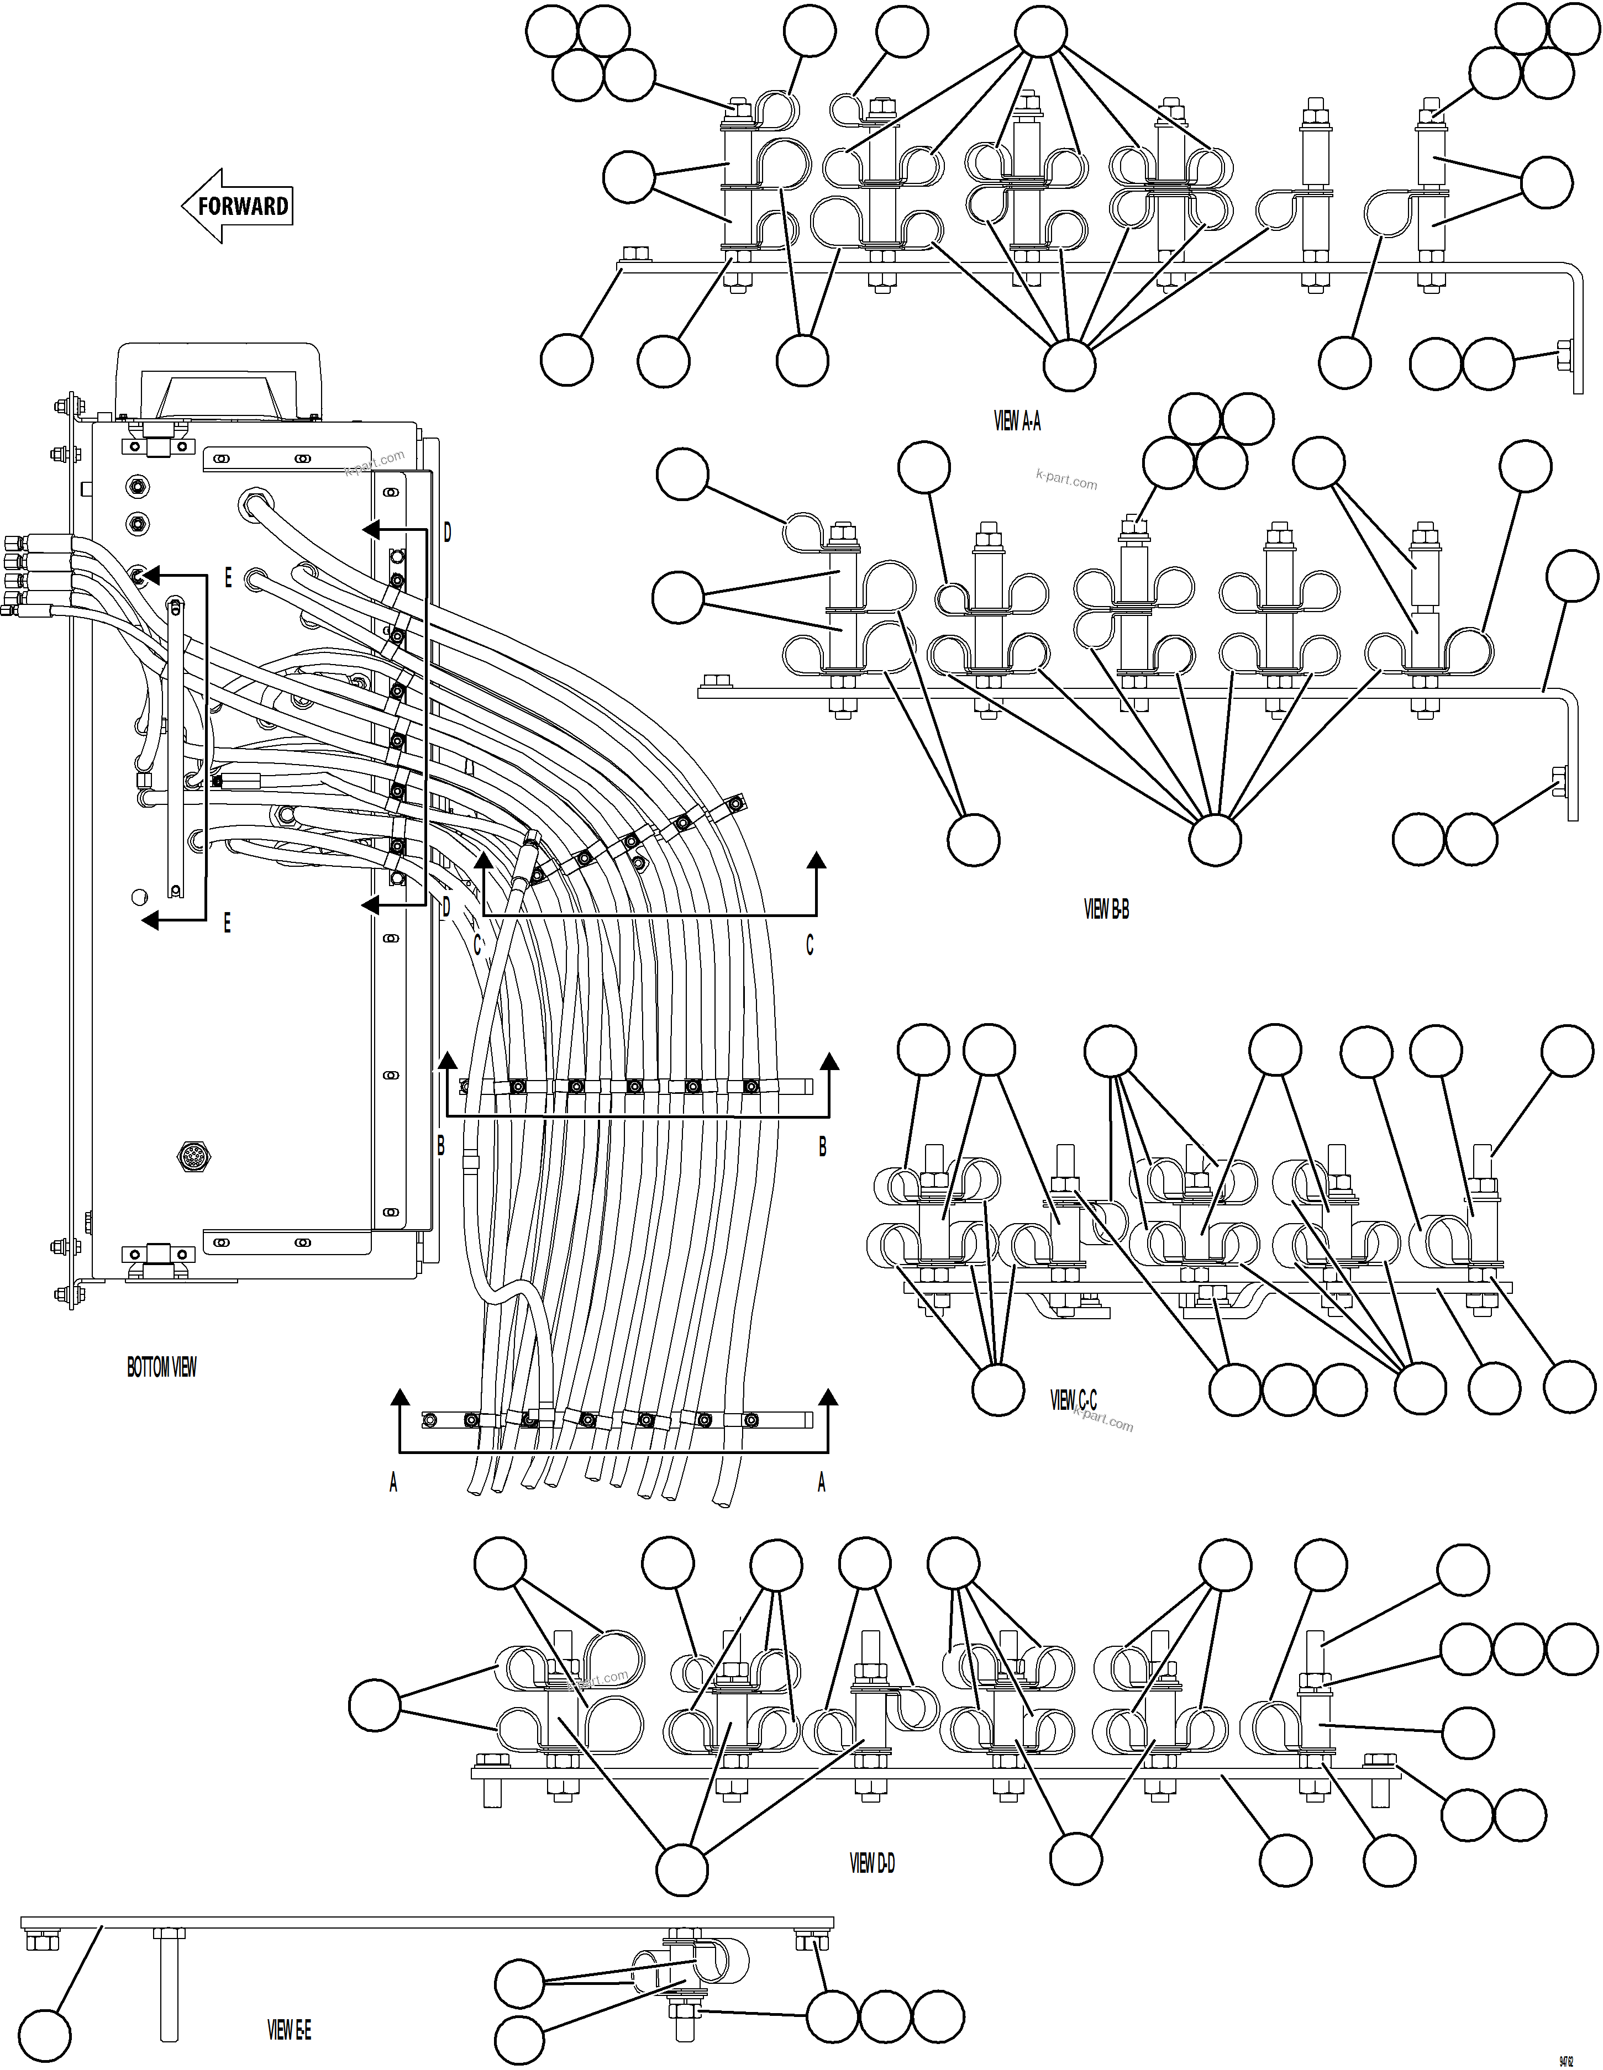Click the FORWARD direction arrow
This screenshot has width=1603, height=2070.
(x=237, y=206)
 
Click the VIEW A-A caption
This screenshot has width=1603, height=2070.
(x=1017, y=422)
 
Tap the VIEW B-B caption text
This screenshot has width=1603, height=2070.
(x=1106, y=909)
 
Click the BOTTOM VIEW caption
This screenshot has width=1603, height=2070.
(x=162, y=1368)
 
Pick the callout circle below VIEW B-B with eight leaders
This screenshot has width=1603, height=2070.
(x=1215, y=840)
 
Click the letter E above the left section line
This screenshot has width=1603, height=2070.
(x=228, y=578)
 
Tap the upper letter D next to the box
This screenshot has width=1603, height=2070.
(x=448, y=534)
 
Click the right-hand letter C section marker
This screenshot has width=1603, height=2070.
(x=810, y=946)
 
